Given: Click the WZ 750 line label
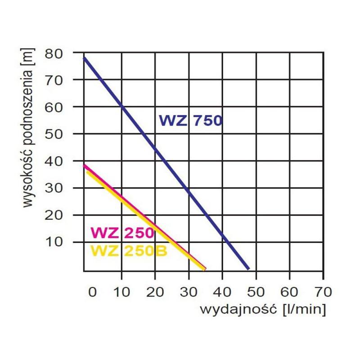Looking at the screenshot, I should tap(190, 121).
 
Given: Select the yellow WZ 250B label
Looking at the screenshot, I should tap(129, 251).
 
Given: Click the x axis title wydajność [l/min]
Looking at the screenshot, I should tap(262, 310).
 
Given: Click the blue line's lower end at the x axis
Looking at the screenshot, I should tap(247, 268).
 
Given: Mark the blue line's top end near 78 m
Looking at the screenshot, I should tap(85, 58).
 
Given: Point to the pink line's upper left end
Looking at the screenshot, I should tap(85, 166).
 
